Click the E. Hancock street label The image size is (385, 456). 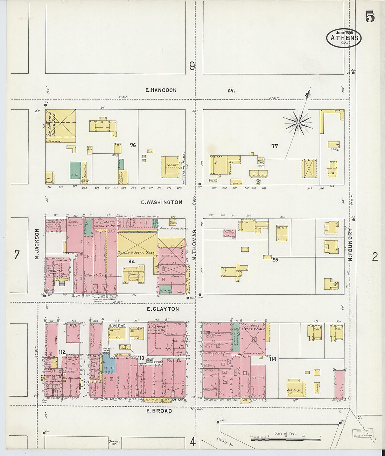tap(161, 90)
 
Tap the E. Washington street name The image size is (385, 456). tap(161, 202)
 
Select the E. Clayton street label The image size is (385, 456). tap(163, 309)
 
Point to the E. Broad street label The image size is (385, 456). tap(159, 411)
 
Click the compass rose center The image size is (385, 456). tap(298, 123)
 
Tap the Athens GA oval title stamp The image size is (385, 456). tap(344, 38)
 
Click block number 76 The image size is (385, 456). tap(132, 145)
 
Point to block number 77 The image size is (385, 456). tap(274, 146)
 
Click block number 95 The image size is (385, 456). tap(275, 260)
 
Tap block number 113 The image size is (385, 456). tap(141, 358)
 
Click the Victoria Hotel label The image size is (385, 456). tap(55, 273)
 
